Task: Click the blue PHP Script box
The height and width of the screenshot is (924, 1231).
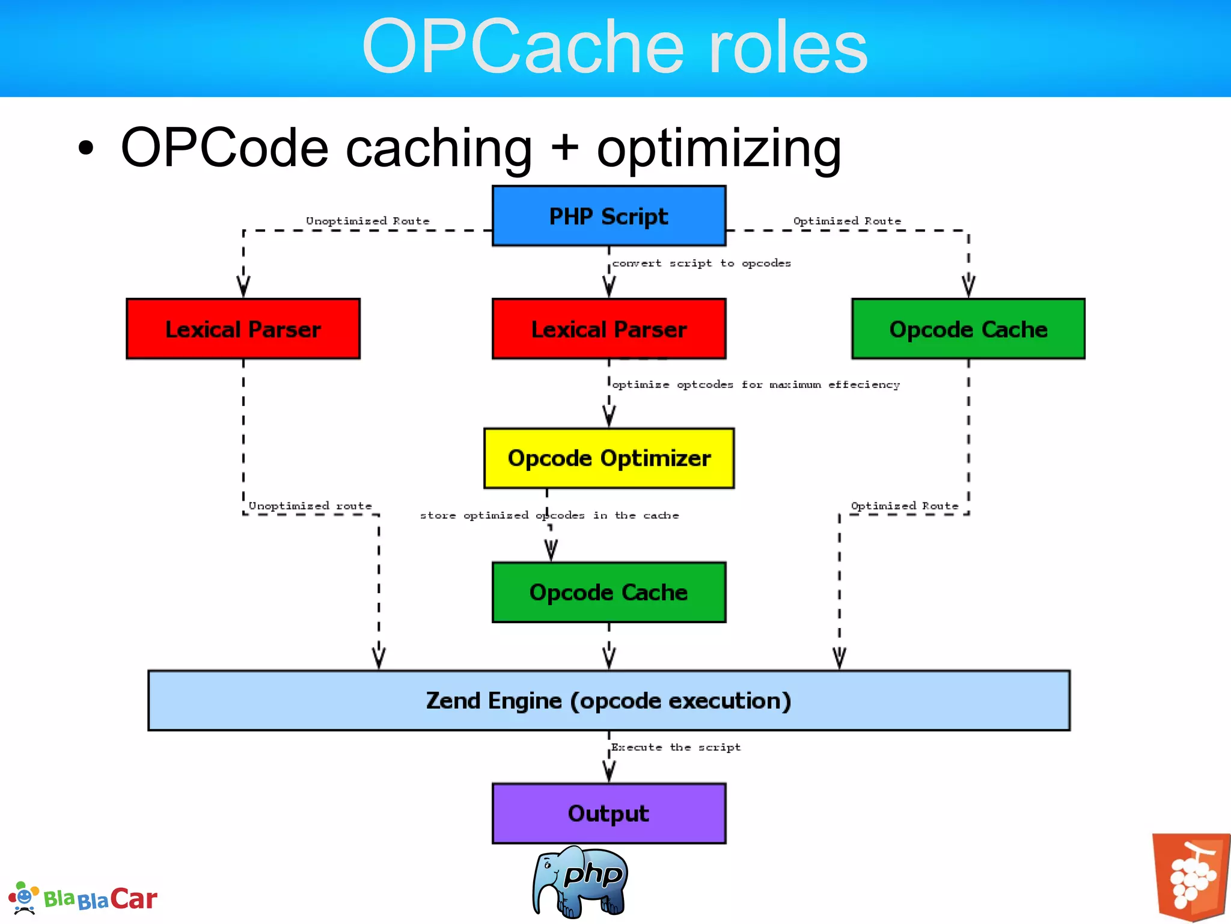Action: click(609, 216)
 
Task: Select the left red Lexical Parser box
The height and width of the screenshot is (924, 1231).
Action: click(243, 329)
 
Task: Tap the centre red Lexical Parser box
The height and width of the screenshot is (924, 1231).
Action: click(609, 329)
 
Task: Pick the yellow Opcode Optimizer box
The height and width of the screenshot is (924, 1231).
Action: click(609, 458)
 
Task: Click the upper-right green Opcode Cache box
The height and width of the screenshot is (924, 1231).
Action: click(968, 329)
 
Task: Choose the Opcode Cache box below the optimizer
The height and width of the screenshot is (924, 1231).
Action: click(609, 593)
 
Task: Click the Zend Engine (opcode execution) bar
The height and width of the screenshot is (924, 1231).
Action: click(609, 701)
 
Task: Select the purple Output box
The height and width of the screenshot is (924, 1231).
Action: click(609, 813)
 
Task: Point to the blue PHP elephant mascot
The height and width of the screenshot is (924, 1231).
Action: click(580, 882)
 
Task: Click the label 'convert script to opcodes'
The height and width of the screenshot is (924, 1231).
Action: click(701, 263)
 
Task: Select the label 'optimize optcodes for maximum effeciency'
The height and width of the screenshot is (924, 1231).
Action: click(756, 385)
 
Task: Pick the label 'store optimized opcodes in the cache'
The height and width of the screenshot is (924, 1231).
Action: click(549, 516)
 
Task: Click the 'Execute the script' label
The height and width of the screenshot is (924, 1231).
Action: click(676, 747)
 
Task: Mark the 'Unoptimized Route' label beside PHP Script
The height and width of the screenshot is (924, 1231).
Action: click(368, 221)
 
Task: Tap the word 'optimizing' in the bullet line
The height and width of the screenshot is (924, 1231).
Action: click(719, 149)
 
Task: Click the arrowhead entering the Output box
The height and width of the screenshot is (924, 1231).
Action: click(609, 772)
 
